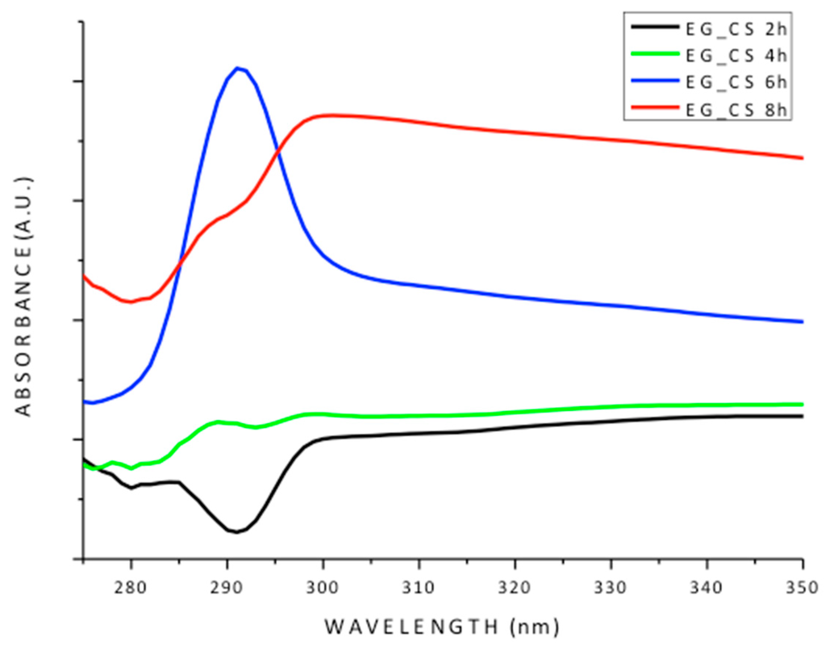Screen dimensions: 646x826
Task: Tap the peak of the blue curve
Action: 237,68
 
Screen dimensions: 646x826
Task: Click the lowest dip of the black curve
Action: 235,531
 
